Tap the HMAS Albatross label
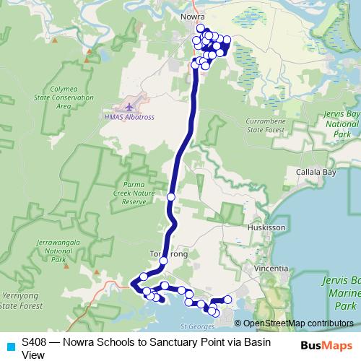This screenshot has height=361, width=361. [130, 117]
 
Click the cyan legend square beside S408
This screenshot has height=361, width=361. [9, 345]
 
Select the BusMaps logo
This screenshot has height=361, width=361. [326, 345]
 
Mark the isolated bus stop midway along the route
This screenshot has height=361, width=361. [171, 196]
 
